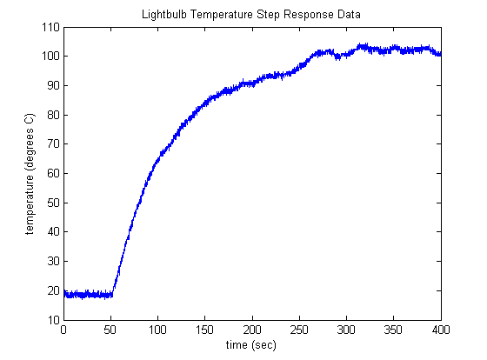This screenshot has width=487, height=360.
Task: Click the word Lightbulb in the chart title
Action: point(161,15)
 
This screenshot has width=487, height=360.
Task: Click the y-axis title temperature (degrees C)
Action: point(30,173)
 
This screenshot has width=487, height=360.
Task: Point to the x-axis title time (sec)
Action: point(252,346)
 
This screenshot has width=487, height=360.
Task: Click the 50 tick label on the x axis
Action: point(110,330)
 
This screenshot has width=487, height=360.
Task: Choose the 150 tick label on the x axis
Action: point(204,330)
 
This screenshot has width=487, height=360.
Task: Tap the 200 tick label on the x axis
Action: point(252,330)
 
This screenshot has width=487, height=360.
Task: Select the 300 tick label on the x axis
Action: point(346,330)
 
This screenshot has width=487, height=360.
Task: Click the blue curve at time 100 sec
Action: point(157,160)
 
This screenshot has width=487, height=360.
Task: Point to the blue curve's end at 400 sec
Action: point(440,54)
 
